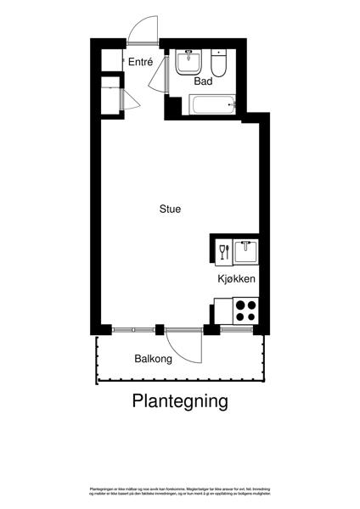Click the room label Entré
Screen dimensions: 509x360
140,61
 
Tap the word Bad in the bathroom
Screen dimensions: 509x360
203,81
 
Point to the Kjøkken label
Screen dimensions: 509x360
236,279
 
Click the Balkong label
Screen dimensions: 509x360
153,359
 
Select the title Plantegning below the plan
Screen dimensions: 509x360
180,400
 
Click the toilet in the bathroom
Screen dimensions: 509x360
220,64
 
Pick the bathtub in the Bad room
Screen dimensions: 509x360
211,106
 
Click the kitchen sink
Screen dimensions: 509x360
246,252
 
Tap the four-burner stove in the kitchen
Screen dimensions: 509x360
245,310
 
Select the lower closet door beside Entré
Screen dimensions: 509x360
132,99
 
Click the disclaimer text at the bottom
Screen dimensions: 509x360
180,492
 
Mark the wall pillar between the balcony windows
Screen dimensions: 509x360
159,328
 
